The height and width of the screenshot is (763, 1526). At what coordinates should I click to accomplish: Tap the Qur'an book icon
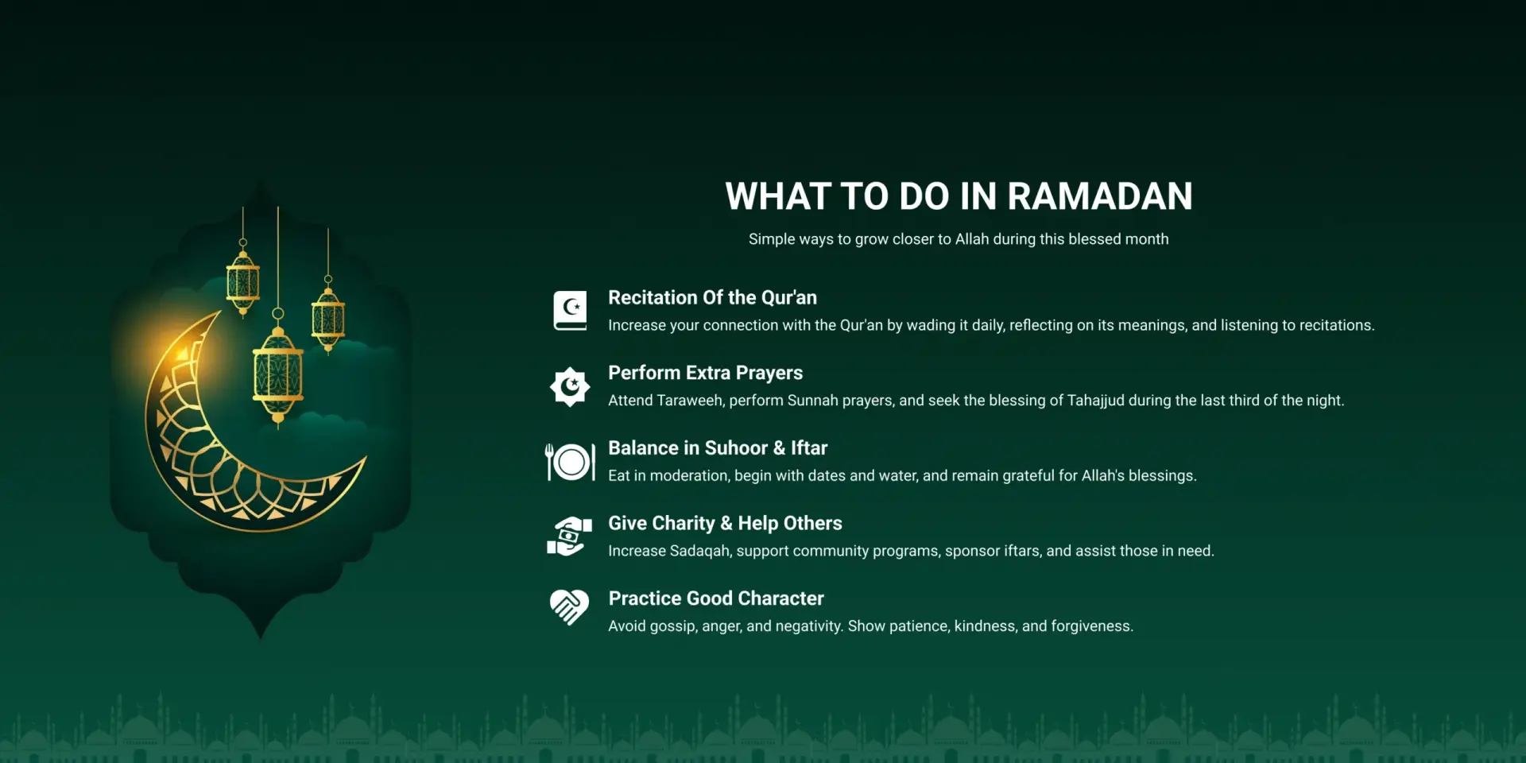coord(570,310)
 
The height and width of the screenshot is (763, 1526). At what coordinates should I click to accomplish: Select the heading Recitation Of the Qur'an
coord(712,297)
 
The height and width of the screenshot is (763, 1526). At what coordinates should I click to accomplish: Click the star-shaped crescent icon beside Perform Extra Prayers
coord(570,386)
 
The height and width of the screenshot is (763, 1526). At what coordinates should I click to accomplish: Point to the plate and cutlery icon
coord(570,462)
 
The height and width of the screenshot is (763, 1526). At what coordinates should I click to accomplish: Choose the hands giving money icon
coord(570,536)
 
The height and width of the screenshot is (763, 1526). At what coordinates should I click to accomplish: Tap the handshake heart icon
coord(570,607)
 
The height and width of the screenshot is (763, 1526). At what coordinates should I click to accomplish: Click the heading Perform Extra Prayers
coord(705,373)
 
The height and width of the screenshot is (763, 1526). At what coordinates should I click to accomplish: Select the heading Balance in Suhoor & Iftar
coord(718,447)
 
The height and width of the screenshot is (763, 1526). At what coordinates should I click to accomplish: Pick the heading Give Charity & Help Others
coord(725,523)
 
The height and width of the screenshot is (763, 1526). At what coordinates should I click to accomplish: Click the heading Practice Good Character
coord(715,598)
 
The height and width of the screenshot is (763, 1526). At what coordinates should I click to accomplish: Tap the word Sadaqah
coord(700,551)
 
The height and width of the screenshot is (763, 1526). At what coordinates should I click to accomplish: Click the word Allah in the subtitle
coord(972,239)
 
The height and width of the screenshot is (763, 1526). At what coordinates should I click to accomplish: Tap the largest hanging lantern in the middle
coord(277,370)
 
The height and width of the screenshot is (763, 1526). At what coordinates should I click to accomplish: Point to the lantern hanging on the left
coord(243,277)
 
